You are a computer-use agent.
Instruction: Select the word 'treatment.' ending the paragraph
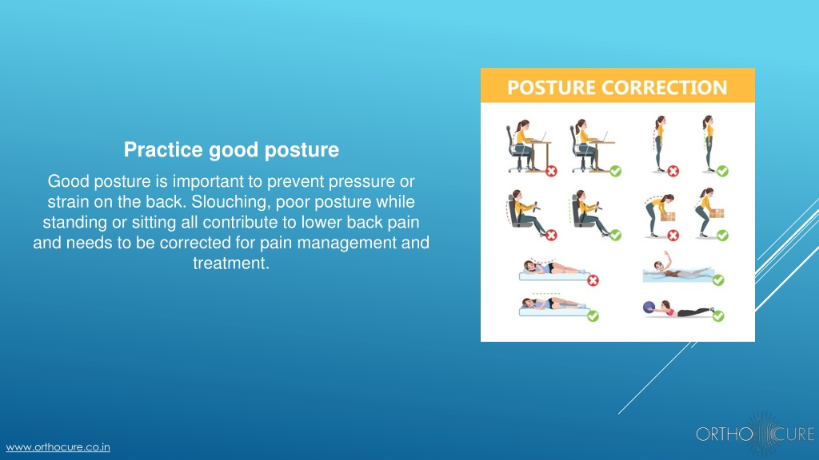coord(231,263)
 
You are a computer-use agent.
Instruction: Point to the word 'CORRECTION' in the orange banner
coord(665,87)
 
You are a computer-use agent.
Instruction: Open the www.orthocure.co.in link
coord(58,447)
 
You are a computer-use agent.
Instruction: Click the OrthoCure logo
coord(755,434)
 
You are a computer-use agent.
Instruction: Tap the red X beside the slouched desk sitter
coord(552,171)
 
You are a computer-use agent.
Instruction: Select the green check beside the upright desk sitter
coord(616,171)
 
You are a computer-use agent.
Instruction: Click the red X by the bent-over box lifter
coord(673,236)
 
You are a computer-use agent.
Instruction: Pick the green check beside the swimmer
coord(719,280)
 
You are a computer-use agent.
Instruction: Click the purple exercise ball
coord(649,307)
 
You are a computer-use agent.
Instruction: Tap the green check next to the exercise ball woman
coord(719,315)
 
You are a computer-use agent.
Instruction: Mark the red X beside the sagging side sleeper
coord(593,280)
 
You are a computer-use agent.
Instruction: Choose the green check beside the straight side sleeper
coord(593,315)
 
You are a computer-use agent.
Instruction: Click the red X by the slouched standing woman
coord(673,171)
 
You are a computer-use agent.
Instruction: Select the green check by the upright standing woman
coord(722,171)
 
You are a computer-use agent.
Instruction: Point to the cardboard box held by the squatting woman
coord(717,213)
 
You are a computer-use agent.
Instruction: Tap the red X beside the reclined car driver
coord(552,236)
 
